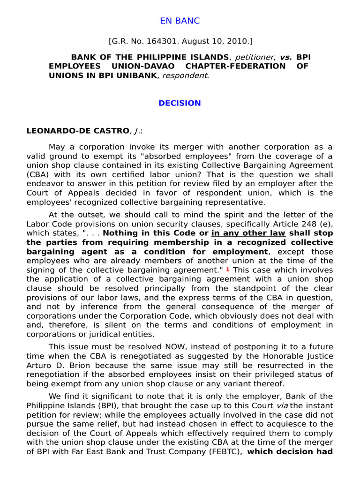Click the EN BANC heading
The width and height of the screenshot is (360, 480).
point(180,21)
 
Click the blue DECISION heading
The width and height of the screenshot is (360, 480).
point(180,103)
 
